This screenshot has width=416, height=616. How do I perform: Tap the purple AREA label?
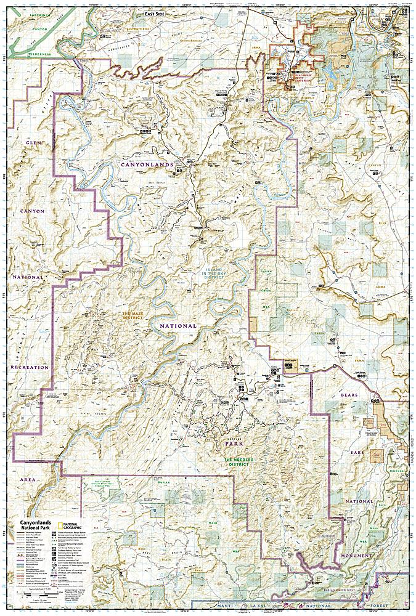(x=28, y=477)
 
